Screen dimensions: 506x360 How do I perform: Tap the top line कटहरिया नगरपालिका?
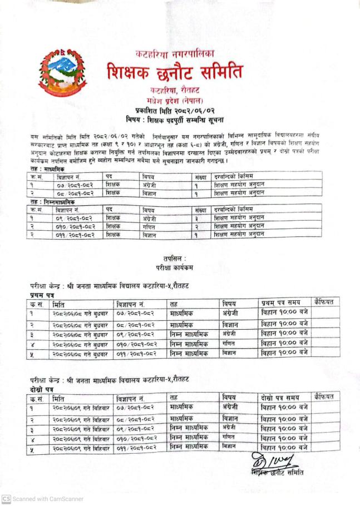pos(175,54)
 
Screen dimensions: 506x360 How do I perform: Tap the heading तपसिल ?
pos(175,259)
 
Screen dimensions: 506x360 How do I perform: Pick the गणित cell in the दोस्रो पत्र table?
pos(228,438)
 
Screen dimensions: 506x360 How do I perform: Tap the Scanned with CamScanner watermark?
pos(43,499)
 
